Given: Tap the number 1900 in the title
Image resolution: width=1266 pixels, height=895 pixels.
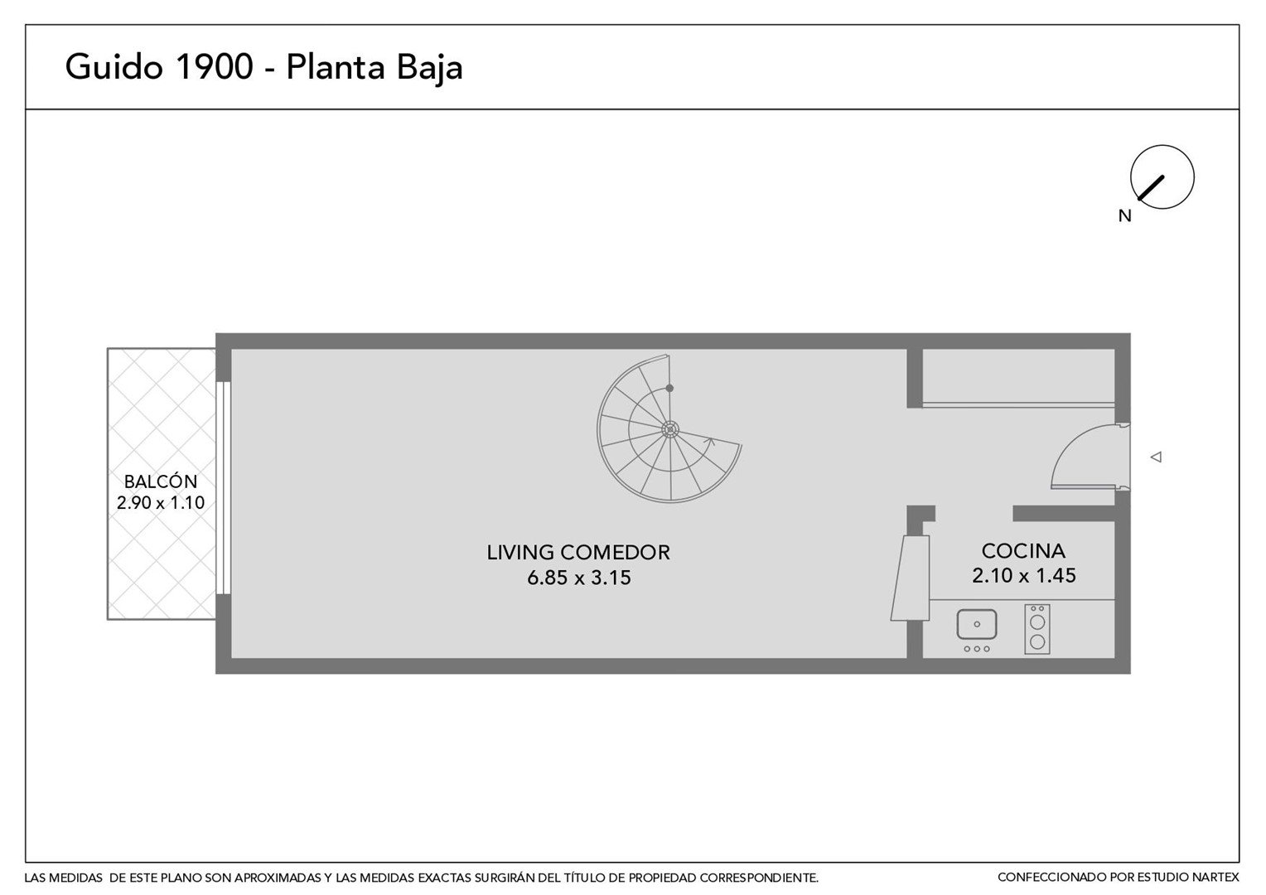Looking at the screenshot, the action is click(215, 66).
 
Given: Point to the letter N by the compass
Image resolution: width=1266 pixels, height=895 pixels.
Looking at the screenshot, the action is click(1124, 215).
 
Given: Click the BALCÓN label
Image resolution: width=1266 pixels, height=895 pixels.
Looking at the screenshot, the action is click(161, 481).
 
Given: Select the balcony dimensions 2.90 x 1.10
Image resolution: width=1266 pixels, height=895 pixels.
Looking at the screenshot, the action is click(161, 503).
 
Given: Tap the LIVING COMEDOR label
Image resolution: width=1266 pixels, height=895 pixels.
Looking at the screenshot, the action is click(578, 553).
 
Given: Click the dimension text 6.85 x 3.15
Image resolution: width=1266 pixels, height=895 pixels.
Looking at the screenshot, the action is click(579, 578).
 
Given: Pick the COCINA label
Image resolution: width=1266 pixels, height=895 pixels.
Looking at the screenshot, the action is click(1023, 551).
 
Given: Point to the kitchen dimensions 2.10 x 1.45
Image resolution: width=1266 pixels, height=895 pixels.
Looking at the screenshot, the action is click(1023, 576).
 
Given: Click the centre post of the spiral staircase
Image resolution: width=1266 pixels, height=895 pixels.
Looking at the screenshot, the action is click(669, 430).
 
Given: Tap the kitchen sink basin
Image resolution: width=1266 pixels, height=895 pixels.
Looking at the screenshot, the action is click(977, 624).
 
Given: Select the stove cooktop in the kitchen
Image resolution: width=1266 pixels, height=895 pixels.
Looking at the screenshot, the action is click(1037, 629).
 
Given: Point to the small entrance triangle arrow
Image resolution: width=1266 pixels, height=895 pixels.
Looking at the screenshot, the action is click(1156, 457).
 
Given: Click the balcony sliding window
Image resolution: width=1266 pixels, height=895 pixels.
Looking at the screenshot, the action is click(224, 488).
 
